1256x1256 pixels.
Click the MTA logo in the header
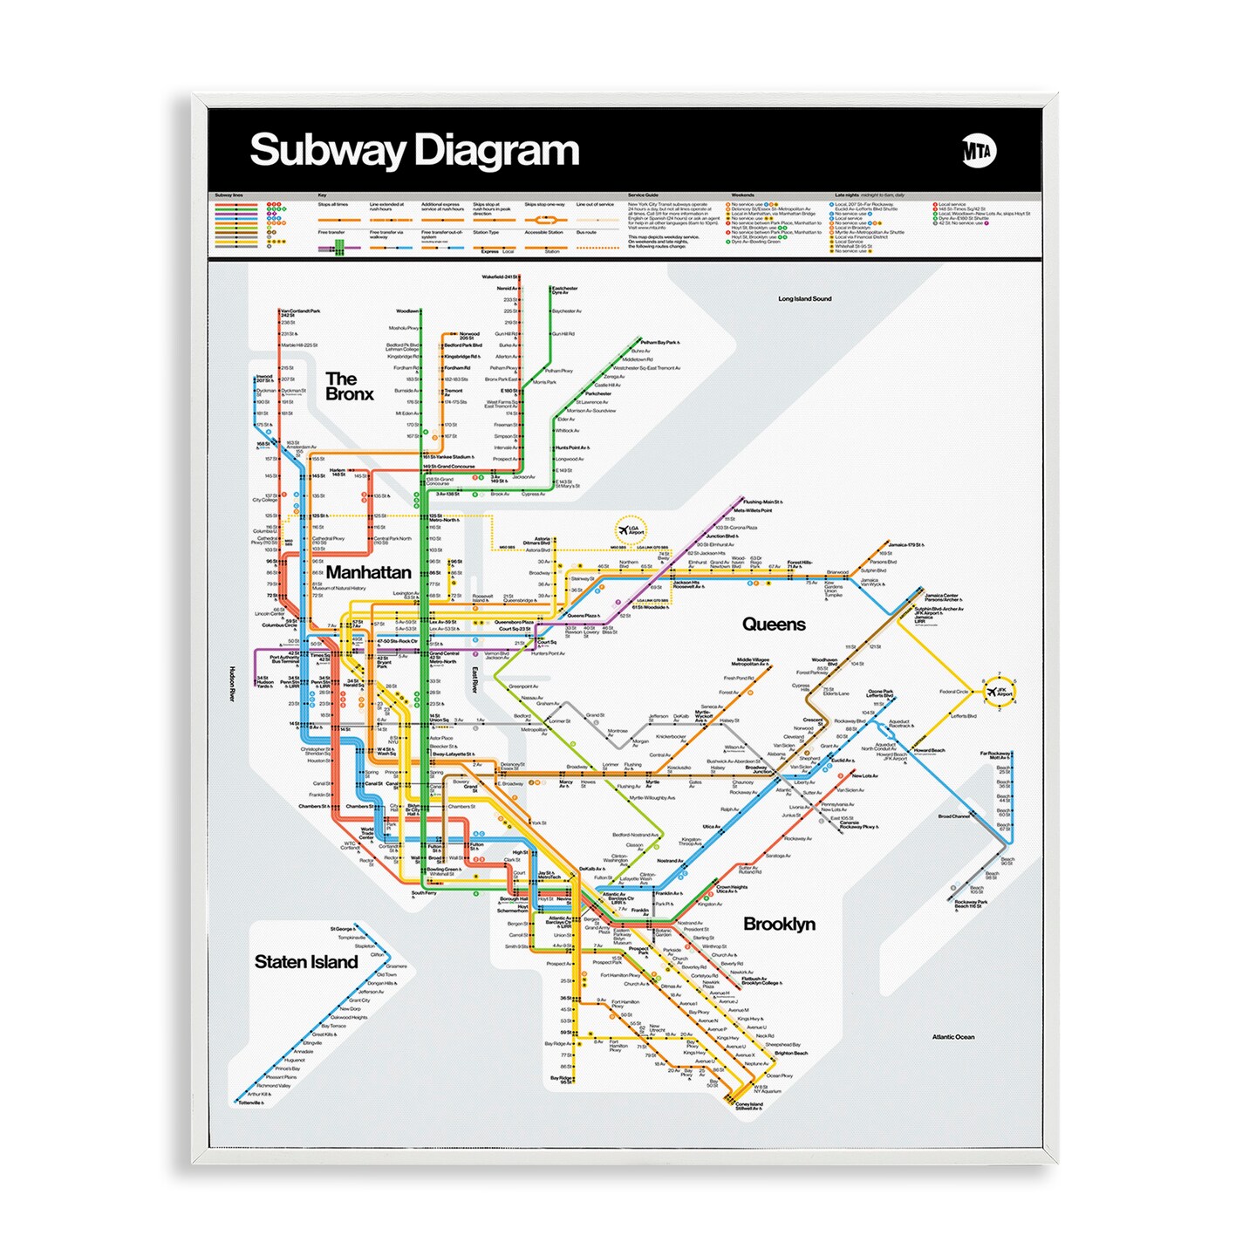pyautogui.click(x=979, y=151)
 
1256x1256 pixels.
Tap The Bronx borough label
pyautogui.click(x=349, y=386)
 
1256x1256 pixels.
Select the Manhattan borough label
pyautogui.click(x=368, y=572)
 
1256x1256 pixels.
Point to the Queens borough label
pyautogui.click(x=774, y=625)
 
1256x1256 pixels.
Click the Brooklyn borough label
pyautogui.click(x=779, y=924)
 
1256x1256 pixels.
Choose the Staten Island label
pyautogui.click(x=306, y=962)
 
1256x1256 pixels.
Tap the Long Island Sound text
pyautogui.click(x=804, y=299)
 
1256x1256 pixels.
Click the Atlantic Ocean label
pyautogui.click(x=952, y=1037)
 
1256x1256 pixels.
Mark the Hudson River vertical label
pyautogui.click(x=232, y=684)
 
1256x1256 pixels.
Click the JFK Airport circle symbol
pyautogui.click(x=999, y=692)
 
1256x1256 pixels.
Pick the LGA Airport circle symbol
pyautogui.click(x=630, y=529)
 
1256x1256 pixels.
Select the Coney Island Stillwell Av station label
pyautogui.click(x=748, y=1107)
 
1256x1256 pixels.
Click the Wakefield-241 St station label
pyautogui.click(x=500, y=277)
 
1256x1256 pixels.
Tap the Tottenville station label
pyautogui.click(x=250, y=1103)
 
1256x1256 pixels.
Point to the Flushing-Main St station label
pyautogui.click(x=762, y=502)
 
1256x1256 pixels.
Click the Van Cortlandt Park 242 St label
pyautogui.click(x=300, y=312)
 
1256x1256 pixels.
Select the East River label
pyautogui.click(x=474, y=680)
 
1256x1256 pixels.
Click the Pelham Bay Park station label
pyautogui.click(x=659, y=343)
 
